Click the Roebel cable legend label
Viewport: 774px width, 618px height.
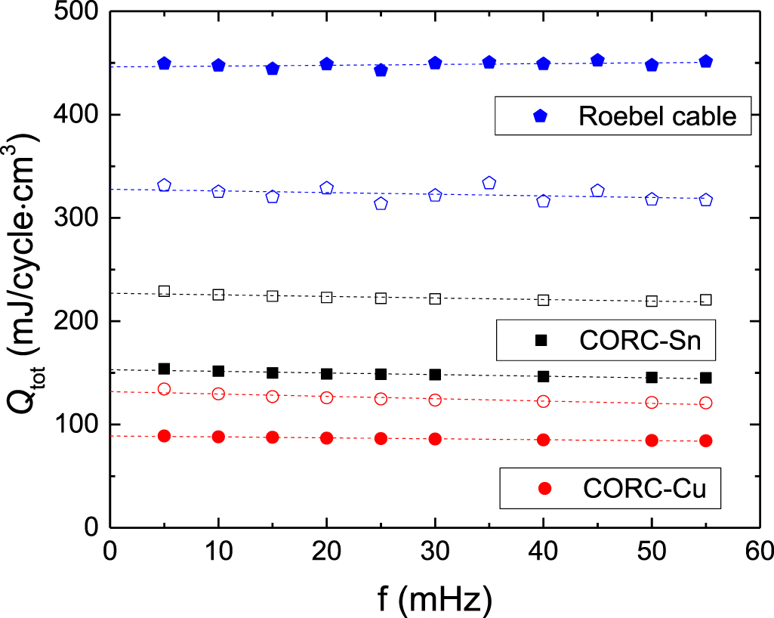click(x=657, y=116)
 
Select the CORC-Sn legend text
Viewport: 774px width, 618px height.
click(x=641, y=341)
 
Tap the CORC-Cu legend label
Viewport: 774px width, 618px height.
click(x=645, y=489)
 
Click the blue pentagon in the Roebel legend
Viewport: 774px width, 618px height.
click(x=539, y=116)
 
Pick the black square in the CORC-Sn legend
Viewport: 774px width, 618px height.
click(x=541, y=341)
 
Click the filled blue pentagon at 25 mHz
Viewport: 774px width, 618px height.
click(x=381, y=70)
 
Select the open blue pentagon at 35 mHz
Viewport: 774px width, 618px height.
click(x=489, y=183)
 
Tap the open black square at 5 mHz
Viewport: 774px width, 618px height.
click(x=164, y=292)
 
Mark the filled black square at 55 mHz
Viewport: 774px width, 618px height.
click(x=705, y=378)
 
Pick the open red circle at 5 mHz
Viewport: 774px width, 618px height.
click(x=164, y=389)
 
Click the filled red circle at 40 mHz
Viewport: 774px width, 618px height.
click(x=543, y=440)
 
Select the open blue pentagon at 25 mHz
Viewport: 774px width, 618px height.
click(x=381, y=203)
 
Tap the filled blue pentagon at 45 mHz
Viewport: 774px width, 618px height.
click(x=597, y=60)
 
